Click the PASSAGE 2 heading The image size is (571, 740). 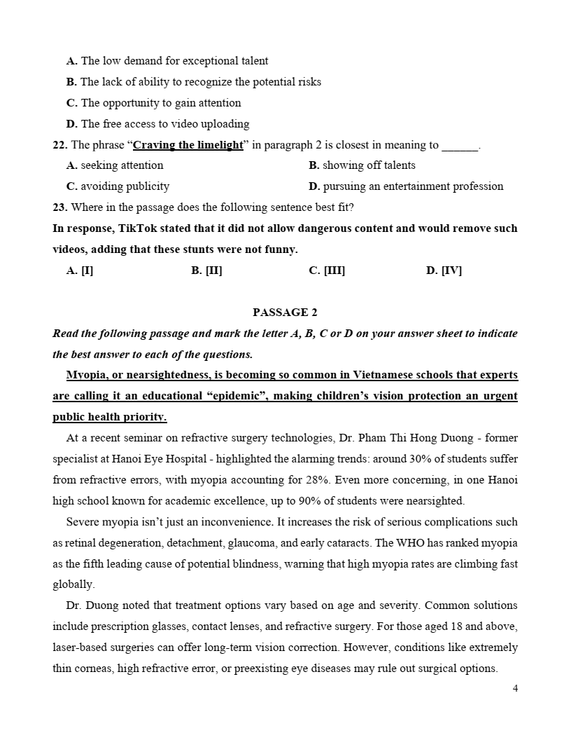tap(285, 313)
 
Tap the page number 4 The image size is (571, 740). tap(515, 688)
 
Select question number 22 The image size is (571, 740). tap(59, 145)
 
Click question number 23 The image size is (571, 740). tap(59, 207)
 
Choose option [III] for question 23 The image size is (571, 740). tap(327, 270)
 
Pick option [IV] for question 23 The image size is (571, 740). tap(444, 270)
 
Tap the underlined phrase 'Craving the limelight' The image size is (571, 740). tap(188, 145)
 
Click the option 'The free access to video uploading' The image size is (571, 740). tap(165, 124)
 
